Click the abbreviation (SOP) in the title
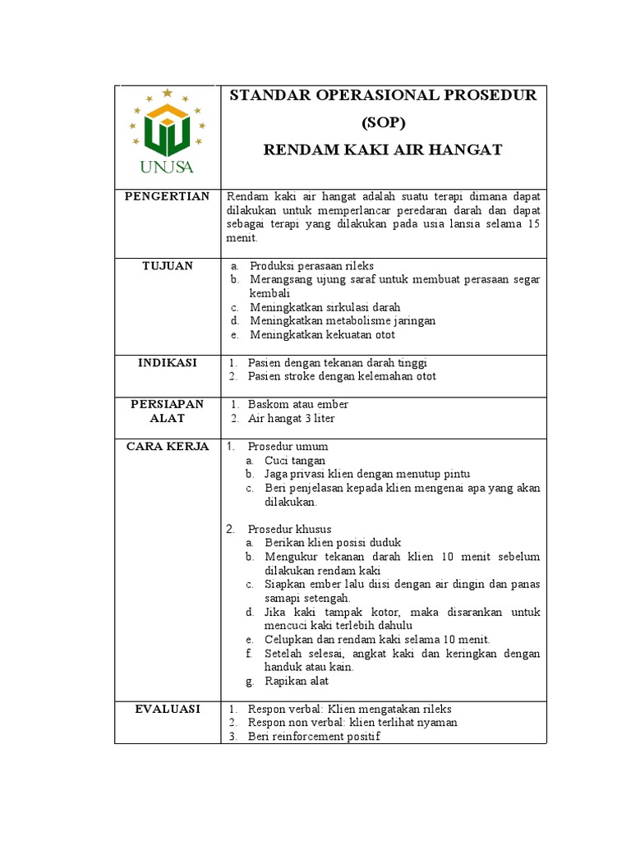click(x=384, y=122)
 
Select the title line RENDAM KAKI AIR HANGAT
click(x=383, y=149)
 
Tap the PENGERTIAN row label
click(x=167, y=196)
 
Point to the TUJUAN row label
click(x=167, y=265)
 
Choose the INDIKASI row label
click(x=167, y=362)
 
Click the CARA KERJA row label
click(x=167, y=446)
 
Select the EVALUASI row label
click(x=167, y=709)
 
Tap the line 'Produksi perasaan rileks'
click(x=312, y=266)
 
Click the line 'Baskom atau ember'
click(x=298, y=404)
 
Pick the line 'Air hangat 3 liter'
click(x=292, y=418)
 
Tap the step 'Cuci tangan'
click(x=295, y=461)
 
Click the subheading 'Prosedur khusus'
click(x=289, y=529)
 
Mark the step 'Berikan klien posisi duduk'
click(x=333, y=543)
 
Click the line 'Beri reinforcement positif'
click(x=314, y=737)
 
